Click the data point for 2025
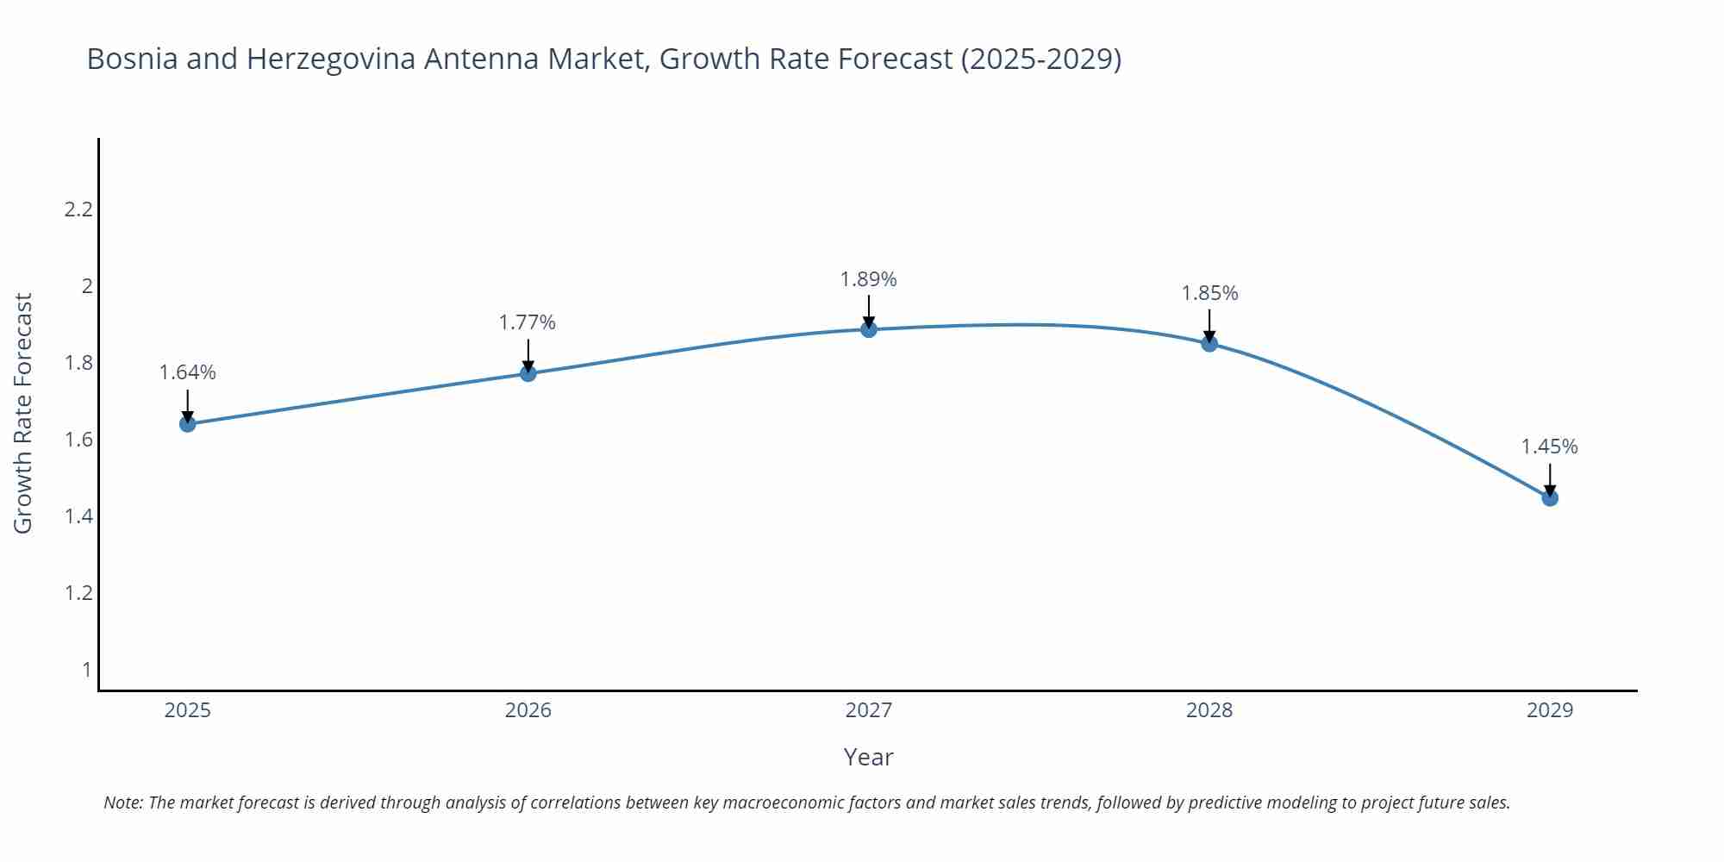[188, 423]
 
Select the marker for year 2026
[528, 373]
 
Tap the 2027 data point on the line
[869, 329]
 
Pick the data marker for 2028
[1209, 344]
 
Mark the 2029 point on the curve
[1550, 497]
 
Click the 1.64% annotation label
[188, 372]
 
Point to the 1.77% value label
[528, 322]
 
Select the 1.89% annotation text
[869, 279]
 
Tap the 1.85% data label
[1209, 293]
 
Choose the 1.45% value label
[1549, 447]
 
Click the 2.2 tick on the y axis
[78, 209]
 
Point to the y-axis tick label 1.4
[78, 516]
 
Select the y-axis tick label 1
[86, 670]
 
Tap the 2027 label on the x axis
[869, 710]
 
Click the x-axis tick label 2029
[1550, 710]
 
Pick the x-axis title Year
[869, 757]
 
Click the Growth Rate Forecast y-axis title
[23, 414]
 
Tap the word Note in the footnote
[122, 803]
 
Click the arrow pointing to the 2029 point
[1550, 478]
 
